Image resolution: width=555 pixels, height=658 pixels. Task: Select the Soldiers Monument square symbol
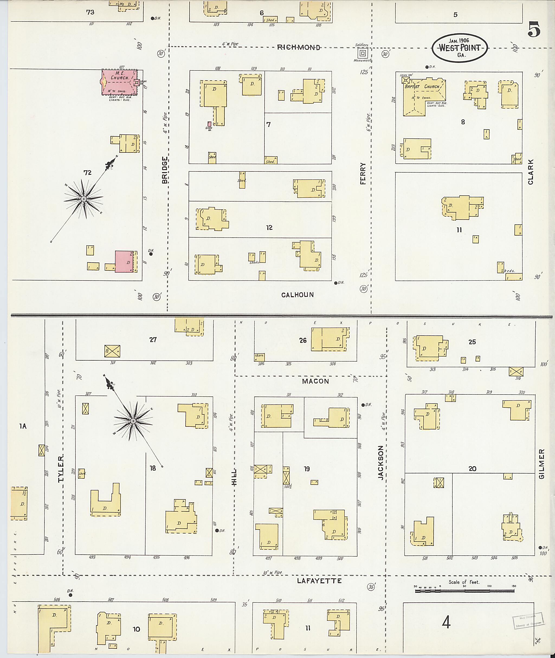(x=362, y=53)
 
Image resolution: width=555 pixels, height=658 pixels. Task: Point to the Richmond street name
(x=299, y=47)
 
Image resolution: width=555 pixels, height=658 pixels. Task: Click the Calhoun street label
(x=297, y=295)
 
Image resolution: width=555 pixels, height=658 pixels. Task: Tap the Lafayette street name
(x=319, y=581)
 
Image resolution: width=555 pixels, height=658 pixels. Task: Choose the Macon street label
(x=315, y=381)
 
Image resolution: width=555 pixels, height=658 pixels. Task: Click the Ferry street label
(x=363, y=174)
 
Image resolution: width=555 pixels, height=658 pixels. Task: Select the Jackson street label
(x=381, y=463)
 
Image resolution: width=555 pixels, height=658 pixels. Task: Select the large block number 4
(x=446, y=623)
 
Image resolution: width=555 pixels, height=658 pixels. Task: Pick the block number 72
(x=88, y=172)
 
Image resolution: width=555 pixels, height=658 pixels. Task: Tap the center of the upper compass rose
(x=84, y=199)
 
